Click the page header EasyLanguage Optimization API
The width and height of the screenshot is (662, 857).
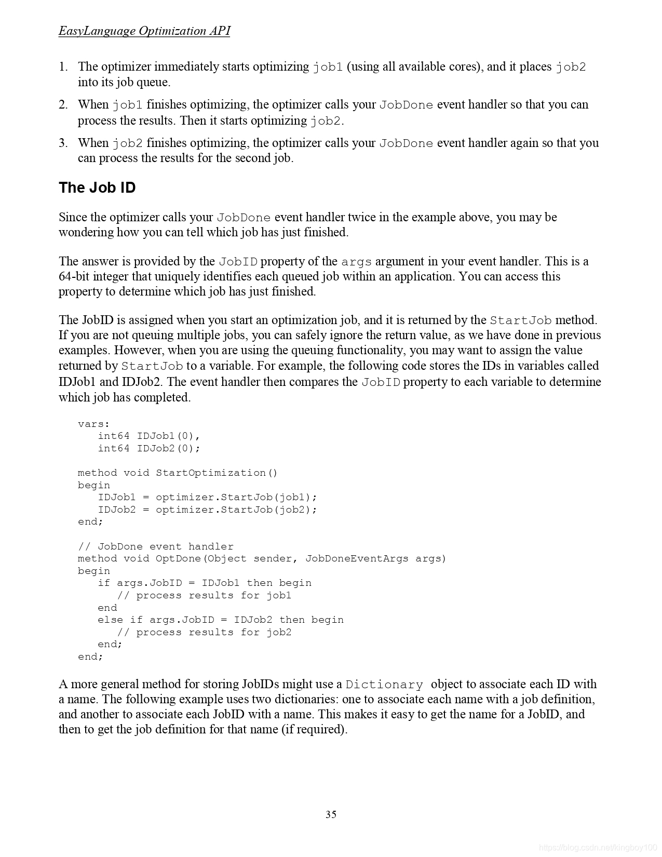pyautogui.click(x=144, y=31)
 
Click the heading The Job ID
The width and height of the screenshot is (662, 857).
pyautogui.click(x=97, y=188)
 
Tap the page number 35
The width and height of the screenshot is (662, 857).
pyautogui.click(x=331, y=814)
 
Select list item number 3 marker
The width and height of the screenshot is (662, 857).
pyautogui.click(x=63, y=143)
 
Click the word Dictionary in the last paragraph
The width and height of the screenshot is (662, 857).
pyautogui.click(x=384, y=685)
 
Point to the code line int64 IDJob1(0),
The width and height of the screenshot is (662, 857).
pyautogui.click(x=149, y=436)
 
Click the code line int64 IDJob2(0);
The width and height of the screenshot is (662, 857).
pyautogui.click(x=149, y=448)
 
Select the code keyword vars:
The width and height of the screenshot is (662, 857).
pyautogui.click(x=94, y=424)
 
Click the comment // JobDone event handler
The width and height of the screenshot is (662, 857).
pyautogui.click(x=156, y=546)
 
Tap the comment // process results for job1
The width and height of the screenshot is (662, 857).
pyautogui.click(x=204, y=595)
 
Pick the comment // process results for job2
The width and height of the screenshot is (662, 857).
pyautogui.click(x=204, y=632)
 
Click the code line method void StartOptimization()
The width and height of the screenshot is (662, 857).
pyautogui.click(x=178, y=473)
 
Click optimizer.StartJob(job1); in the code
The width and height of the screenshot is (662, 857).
pyautogui.click(x=236, y=497)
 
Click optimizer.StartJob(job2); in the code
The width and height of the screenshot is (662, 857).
pyautogui.click(x=236, y=510)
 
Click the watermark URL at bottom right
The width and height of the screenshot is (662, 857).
pyautogui.click(x=598, y=848)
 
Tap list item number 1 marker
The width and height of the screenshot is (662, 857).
pyautogui.click(x=63, y=67)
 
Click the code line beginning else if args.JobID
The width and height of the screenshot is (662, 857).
pyautogui.click(x=220, y=620)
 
